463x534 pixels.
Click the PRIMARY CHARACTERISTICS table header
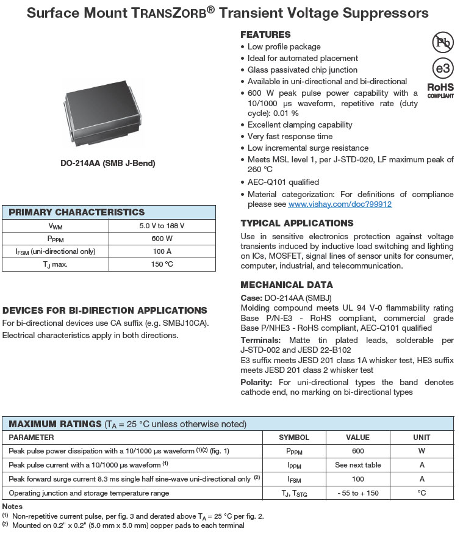pos(76,212)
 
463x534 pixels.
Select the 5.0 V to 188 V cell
pos(162,226)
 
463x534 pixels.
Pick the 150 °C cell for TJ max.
pos(162,264)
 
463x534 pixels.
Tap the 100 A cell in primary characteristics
pos(162,251)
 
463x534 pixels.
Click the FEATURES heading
pos(265,35)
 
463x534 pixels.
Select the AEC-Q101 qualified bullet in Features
pos(283,182)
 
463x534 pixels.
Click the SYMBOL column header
pos(294,438)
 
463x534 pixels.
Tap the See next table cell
pos(357,465)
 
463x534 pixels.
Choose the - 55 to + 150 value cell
pos(357,493)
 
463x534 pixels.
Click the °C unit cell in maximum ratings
pos(422,493)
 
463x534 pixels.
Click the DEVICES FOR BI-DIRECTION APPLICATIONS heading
pos(105,311)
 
